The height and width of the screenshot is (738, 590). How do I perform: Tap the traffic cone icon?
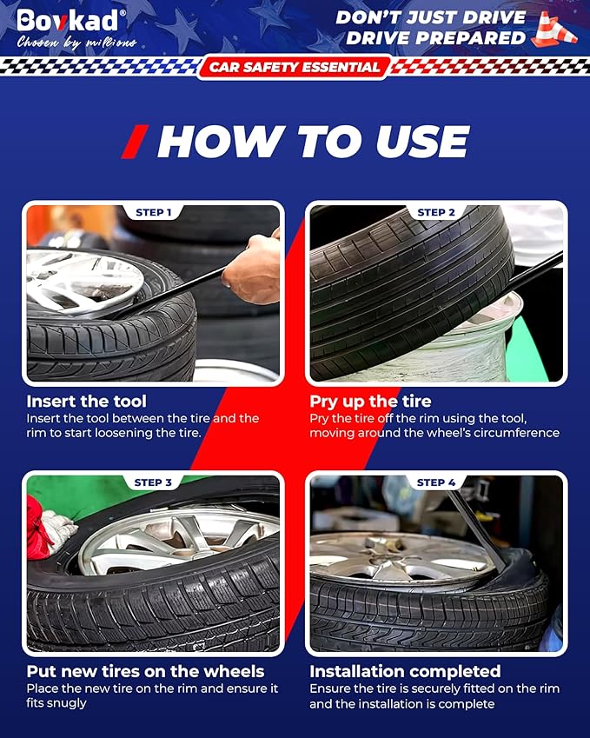click(x=554, y=30)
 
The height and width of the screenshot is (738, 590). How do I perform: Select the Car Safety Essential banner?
click(x=295, y=67)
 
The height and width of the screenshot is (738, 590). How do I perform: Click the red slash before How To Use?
click(x=135, y=141)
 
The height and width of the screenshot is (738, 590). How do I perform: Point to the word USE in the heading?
click(x=422, y=141)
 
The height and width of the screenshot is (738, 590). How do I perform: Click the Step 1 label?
click(x=154, y=212)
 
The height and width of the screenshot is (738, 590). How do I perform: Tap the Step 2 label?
click(x=436, y=212)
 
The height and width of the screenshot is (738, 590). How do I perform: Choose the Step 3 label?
click(x=153, y=482)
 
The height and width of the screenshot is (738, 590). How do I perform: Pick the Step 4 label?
click(x=436, y=482)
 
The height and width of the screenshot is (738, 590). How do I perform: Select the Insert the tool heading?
click(x=87, y=401)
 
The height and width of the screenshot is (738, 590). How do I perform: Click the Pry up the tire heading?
click(x=370, y=402)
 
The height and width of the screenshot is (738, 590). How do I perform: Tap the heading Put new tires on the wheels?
click(x=145, y=671)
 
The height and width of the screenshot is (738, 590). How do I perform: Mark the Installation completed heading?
click(x=405, y=671)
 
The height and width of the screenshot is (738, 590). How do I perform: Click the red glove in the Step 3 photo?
click(x=38, y=528)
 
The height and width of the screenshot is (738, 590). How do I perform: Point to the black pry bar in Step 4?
click(x=476, y=528)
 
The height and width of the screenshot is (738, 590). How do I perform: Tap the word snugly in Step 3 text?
click(x=57, y=703)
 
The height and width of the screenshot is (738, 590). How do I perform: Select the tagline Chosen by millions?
click(x=76, y=43)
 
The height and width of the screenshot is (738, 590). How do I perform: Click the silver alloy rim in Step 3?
click(x=179, y=542)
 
